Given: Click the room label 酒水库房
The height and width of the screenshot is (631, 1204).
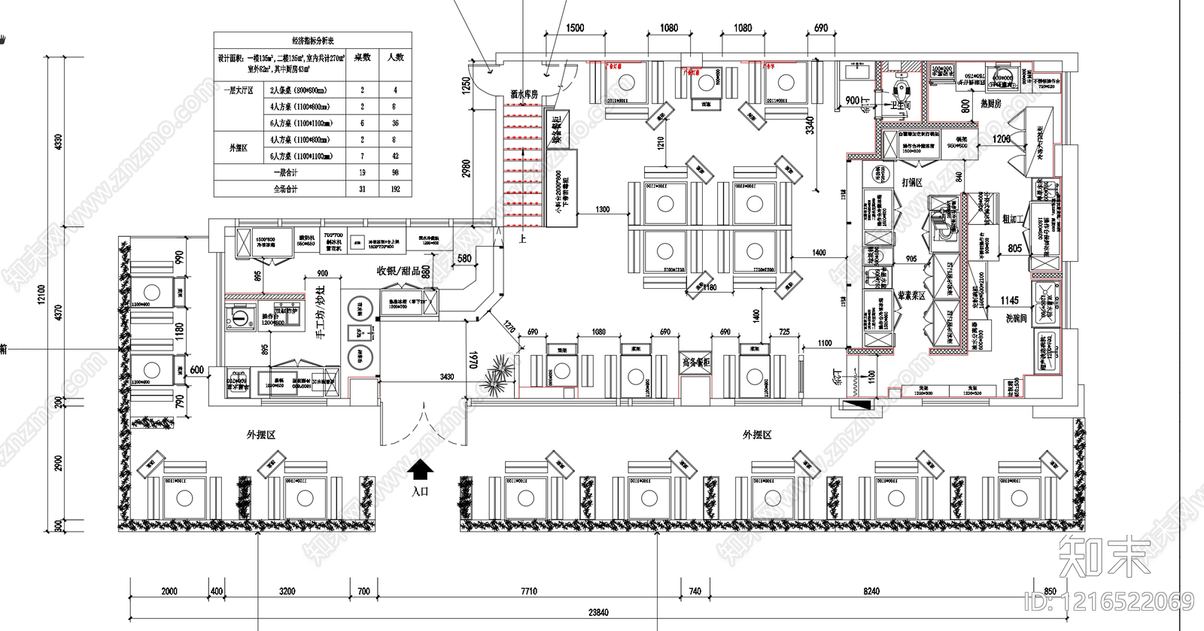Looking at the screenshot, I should point(524,94).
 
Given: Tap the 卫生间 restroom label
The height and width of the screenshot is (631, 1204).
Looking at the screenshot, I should point(901,107).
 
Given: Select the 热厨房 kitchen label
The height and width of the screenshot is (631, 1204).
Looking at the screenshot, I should point(990,104).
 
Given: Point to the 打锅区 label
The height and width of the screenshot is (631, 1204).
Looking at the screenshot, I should point(912,183).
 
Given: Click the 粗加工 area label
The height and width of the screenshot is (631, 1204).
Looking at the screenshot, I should point(1014,219).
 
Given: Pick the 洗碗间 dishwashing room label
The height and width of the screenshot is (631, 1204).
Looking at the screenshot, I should point(1015,319).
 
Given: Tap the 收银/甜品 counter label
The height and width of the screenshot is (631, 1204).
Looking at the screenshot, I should point(398,271).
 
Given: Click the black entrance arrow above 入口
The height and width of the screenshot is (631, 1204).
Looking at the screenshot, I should point(421,470).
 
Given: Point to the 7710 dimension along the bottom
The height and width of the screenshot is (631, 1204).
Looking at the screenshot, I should point(529,591).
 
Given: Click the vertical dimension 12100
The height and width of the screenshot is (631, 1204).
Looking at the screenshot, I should point(42,295).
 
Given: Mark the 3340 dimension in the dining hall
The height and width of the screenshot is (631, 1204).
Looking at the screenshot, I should point(810,125).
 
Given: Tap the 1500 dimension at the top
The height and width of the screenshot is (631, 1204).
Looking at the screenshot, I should point(575,28).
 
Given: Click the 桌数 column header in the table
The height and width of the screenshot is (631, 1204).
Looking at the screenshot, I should point(362,57).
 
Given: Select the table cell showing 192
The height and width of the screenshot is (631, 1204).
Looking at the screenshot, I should point(395,189).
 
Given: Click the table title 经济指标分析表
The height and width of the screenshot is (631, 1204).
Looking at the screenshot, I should point(313,41).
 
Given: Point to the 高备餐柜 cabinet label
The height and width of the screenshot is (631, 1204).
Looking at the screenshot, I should point(695,363).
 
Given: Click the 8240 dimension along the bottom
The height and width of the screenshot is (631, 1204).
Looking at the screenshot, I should point(871,591).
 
